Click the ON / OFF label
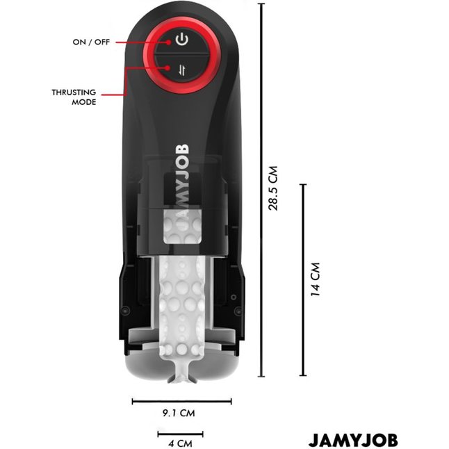91,42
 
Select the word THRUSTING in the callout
74,92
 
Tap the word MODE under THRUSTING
84,102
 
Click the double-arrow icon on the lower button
182,70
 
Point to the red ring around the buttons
149,55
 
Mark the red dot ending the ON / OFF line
169,42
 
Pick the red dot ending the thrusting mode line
168,68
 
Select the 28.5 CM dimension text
273,188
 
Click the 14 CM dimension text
315,279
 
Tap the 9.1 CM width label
179,413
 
